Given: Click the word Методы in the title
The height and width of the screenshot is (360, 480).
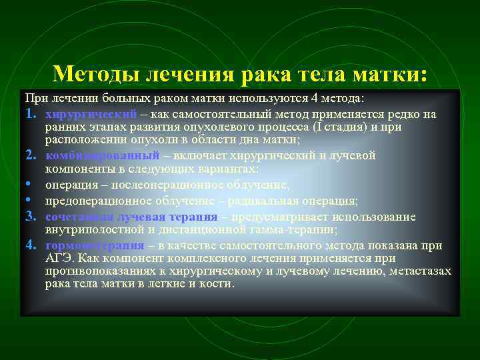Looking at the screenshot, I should click(x=91, y=73).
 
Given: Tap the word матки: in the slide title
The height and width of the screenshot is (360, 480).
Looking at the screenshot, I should click(x=390, y=73).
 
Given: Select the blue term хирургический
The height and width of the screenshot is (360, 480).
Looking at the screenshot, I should click(x=91, y=114).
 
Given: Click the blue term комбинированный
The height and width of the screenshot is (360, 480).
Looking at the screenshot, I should click(x=103, y=155).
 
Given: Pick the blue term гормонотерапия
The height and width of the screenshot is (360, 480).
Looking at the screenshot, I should click(x=95, y=245).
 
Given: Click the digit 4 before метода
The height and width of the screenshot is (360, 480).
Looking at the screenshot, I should click(x=317, y=99).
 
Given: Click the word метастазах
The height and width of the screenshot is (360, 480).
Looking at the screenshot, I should click(x=417, y=271).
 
